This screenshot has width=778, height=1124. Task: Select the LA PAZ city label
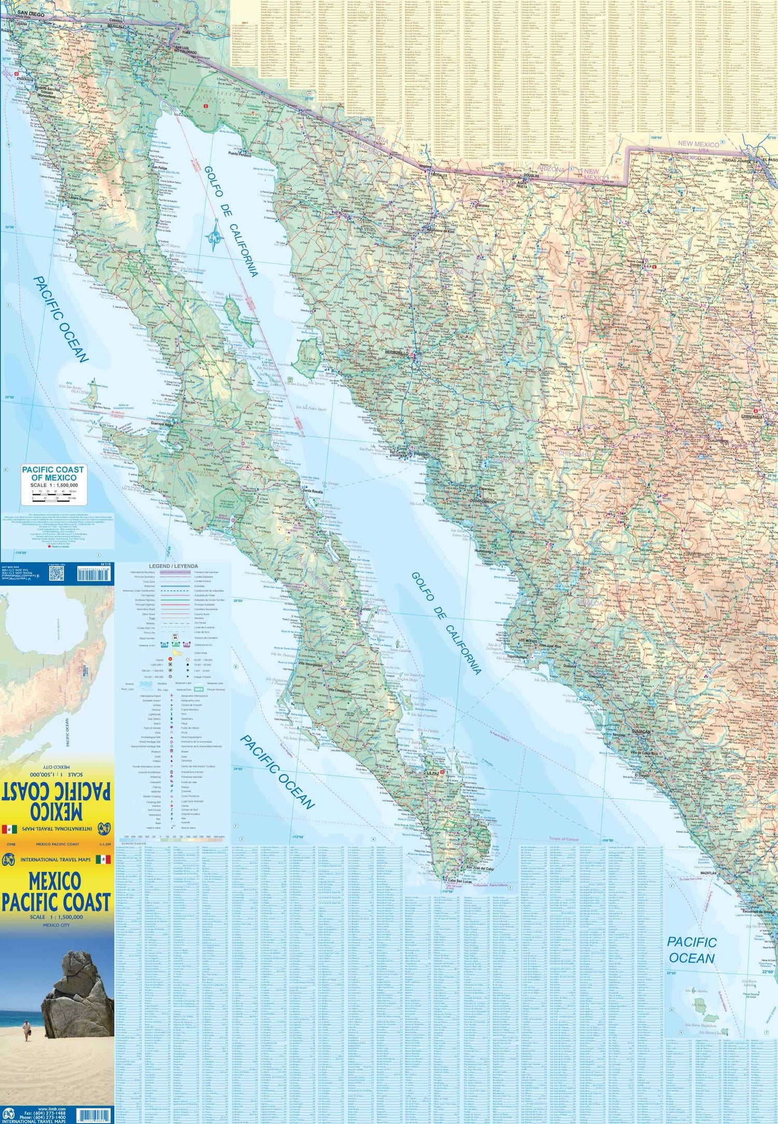433,773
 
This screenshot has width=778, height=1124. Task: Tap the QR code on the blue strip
57,573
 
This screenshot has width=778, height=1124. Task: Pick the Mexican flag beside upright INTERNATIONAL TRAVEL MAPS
104,860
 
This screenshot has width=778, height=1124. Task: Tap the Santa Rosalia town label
313,490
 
